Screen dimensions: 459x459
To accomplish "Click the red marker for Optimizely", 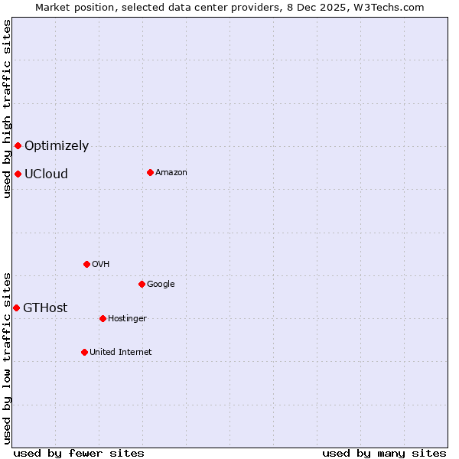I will pyautogui.click(x=18, y=145).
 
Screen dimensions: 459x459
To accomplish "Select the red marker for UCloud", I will pyautogui.click(x=18, y=174).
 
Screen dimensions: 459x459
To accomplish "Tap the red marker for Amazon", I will pyautogui.click(x=150, y=172).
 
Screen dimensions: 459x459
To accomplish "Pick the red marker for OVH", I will pyautogui.click(x=86, y=264).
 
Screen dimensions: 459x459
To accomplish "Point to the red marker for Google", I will pyautogui.click(x=142, y=284).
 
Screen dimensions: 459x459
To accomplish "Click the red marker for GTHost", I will pyautogui.click(x=16, y=308).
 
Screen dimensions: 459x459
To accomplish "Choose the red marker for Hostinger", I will pyautogui.click(x=103, y=318).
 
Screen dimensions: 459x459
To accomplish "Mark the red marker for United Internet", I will pyautogui.click(x=84, y=352).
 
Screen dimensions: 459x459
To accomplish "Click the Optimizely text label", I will pyautogui.click(x=57, y=146).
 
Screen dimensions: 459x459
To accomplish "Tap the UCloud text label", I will pyautogui.click(x=46, y=174).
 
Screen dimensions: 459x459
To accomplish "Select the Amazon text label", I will pyautogui.click(x=171, y=173).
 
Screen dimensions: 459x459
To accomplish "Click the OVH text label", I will pyautogui.click(x=101, y=265).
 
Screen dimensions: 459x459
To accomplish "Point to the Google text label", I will pyautogui.click(x=161, y=285).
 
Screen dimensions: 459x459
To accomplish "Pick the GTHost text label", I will pyautogui.click(x=45, y=308).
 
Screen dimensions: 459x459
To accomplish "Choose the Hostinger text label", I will pyautogui.click(x=127, y=319).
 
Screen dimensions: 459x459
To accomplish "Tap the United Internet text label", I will pyautogui.click(x=121, y=353).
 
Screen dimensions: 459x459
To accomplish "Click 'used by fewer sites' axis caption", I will pyautogui.click(x=79, y=454).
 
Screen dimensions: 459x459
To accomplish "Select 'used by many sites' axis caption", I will pyautogui.click(x=384, y=454).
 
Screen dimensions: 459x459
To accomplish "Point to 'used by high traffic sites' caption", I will pyautogui.click(x=7, y=109).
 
